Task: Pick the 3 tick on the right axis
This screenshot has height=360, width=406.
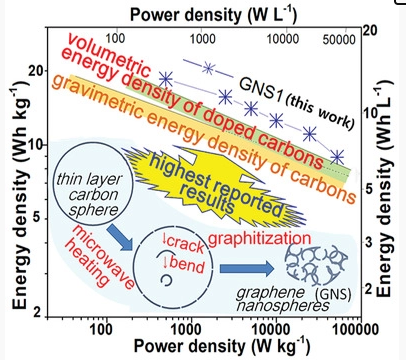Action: [x=367, y=243]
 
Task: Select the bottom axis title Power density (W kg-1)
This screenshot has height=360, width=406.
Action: [x=203, y=347]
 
